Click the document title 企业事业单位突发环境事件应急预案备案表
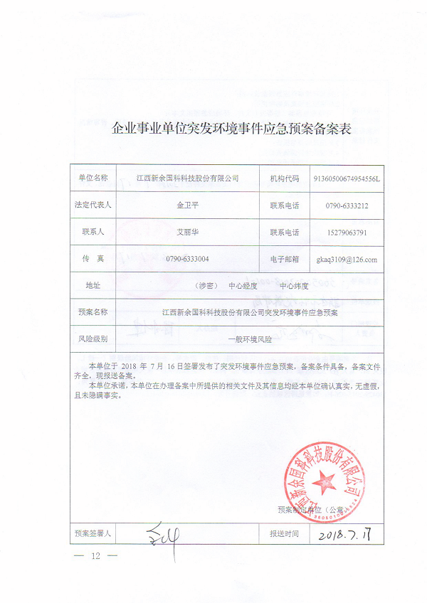233,130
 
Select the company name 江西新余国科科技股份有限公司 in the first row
188,178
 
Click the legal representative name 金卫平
188,205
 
